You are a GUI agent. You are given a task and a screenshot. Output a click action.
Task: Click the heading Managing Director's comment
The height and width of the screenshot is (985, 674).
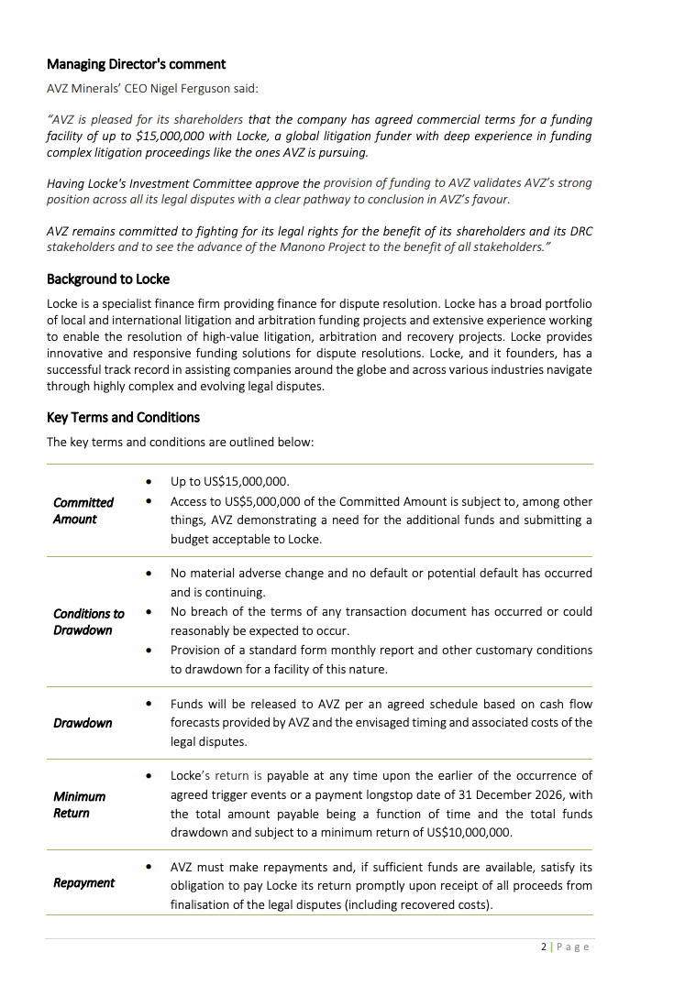[x=136, y=64]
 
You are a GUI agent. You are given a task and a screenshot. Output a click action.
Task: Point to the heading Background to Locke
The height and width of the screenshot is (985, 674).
[x=108, y=279]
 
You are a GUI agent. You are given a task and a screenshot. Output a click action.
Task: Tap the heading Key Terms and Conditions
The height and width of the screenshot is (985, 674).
[x=123, y=417]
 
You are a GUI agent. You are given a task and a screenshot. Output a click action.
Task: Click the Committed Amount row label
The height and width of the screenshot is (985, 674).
[x=83, y=510]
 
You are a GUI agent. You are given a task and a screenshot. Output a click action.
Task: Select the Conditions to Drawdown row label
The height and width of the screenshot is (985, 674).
[x=88, y=621]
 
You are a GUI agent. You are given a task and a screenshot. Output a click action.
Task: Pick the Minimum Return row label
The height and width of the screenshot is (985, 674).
[x=79, y=804]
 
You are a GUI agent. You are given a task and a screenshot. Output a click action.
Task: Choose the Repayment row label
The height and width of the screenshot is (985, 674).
[x=83, y=882]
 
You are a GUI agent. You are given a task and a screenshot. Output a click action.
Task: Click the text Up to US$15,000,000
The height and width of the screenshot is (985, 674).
[x=229, y=481]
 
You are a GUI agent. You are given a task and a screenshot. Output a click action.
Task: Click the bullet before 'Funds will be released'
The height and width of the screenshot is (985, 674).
[x=149, y=704]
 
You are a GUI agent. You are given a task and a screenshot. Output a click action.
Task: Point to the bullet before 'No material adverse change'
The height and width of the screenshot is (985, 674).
[x=149, y=573]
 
